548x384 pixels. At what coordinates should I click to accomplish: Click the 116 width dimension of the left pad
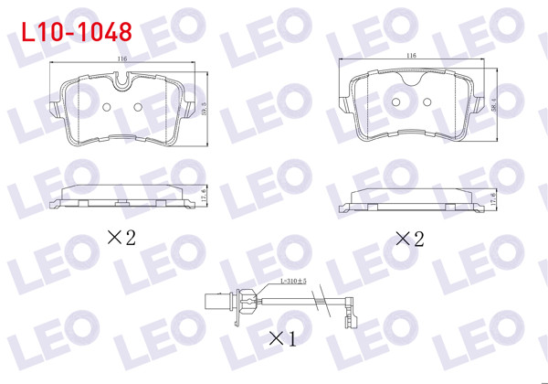point(122,59)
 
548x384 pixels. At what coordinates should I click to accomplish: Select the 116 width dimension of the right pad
point(411,56)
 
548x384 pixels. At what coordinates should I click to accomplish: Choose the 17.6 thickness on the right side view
point(493,197)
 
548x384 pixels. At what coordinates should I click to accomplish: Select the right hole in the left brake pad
point(138,108)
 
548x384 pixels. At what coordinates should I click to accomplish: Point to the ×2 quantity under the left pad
point(121,238)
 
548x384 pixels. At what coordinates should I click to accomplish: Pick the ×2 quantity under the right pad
point(409,240)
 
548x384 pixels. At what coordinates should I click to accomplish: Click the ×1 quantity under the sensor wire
point(283,339)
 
